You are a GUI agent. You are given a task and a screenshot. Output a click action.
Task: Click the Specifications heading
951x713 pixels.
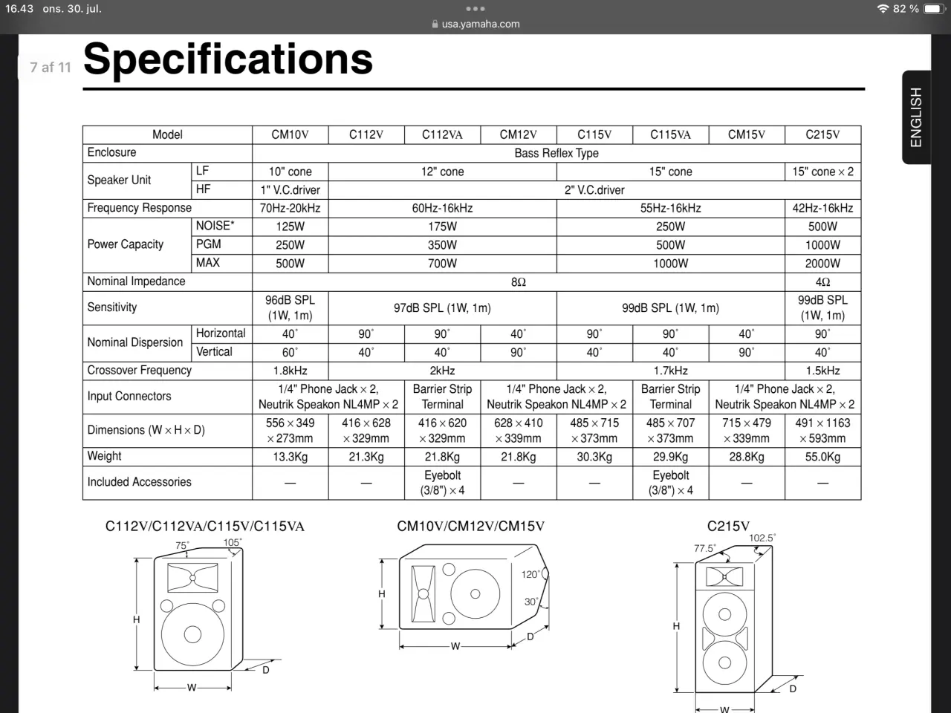coord(228,59)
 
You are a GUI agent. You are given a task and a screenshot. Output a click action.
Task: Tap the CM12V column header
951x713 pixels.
coord(518,134)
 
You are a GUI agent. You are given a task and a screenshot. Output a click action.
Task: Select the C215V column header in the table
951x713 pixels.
coord(822,134)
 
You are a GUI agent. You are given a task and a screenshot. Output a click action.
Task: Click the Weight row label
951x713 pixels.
coord(105,456)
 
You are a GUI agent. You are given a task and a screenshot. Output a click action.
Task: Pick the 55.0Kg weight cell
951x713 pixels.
coord(822,457)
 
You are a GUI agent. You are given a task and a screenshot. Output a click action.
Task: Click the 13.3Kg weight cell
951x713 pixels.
coord(290,457)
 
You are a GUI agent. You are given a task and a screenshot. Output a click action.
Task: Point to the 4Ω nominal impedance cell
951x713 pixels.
coord(822,282)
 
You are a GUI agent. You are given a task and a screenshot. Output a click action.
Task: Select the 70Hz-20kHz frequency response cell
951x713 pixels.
coord(290,208)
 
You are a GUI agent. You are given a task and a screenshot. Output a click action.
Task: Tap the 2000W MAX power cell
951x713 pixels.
coord(822,263)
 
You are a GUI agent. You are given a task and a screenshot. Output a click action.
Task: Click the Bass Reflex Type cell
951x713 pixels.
coord(556,153)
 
